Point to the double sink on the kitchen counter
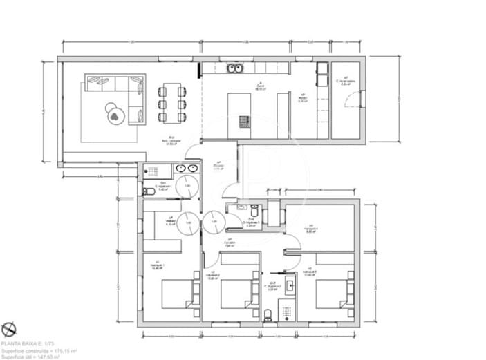[x=235, y=68]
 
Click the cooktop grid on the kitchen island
[x=243, y=122]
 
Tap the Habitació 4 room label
[x=312, y=229]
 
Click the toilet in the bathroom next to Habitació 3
[x=268, y=315]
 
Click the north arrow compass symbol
[x=9, y=329]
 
